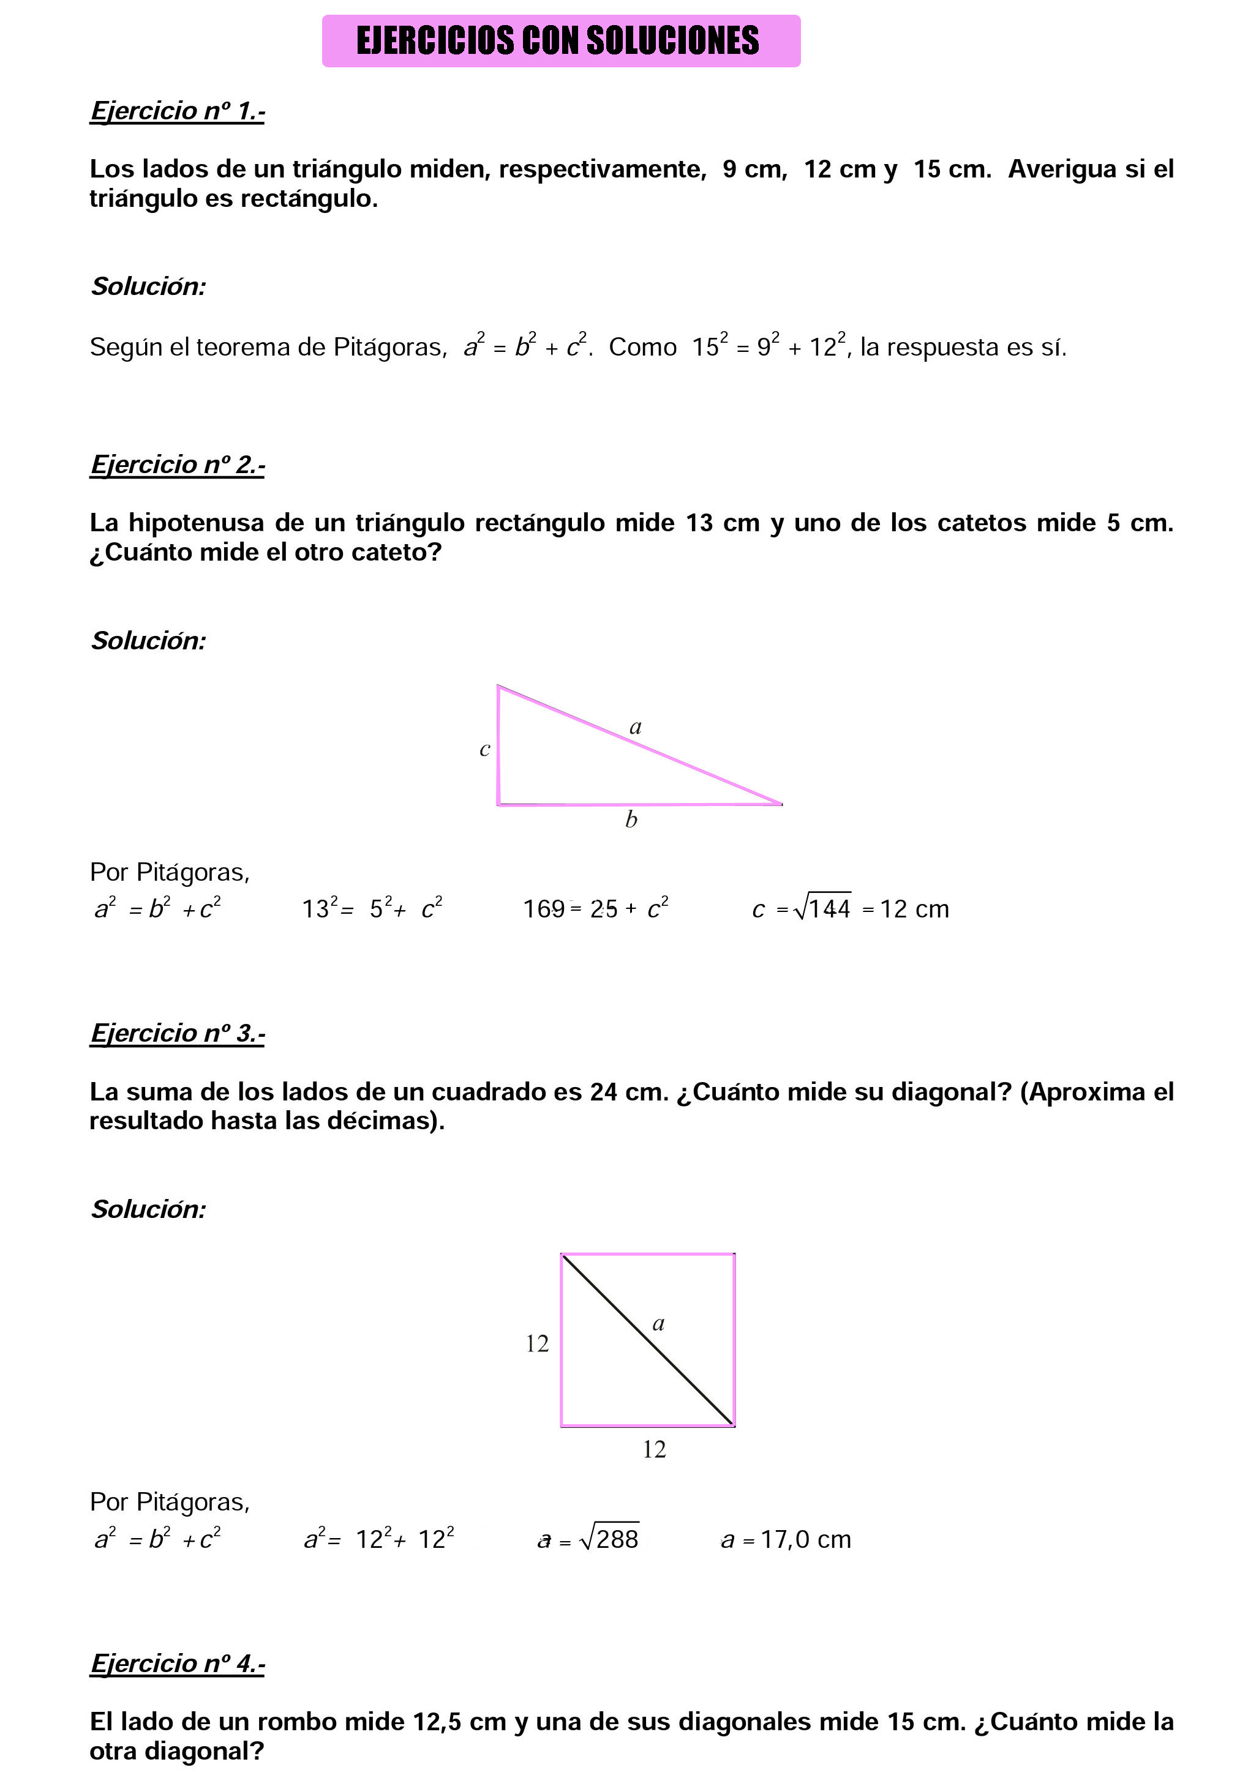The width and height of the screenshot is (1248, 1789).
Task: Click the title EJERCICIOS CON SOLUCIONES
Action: pyautogui.click(x=557, y=40)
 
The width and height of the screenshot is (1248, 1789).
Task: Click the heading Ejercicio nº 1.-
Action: pyautogui.click(x=177, y=111)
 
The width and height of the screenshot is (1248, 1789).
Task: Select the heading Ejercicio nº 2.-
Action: pyautogui.click(x=177, y=465)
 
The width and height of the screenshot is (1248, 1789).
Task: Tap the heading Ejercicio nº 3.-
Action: pyautogui.click(x=177, y=1033)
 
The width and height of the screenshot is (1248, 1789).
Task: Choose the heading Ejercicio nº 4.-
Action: pyautogui.click(x=177, y=1664)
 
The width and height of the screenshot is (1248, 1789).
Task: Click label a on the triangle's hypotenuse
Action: pyautogui.click(x=635, y=727)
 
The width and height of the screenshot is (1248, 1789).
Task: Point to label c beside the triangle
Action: pyautogui.click(x=484, y=750)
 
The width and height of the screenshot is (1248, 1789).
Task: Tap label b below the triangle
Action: pyautogui.click(x=631, y=819)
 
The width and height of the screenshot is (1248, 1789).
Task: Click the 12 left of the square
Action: pyautogui.click(x=537, y=1343)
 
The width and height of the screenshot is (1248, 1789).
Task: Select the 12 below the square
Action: pyautogui.click(x=654, y=1449)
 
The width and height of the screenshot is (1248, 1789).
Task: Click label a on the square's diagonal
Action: pyautogui.click(x=658, y=1324)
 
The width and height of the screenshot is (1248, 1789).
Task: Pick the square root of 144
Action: pyautogui.click(x=822, y=908)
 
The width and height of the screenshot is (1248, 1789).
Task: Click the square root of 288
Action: pyautogui.click(x=609, y=1538)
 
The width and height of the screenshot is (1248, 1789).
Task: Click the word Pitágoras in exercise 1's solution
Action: pyautogui.click(x=389, y=348)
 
